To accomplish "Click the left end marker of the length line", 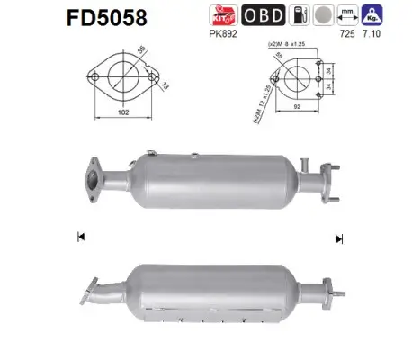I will [81, 238].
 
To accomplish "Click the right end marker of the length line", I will [339, 238].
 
